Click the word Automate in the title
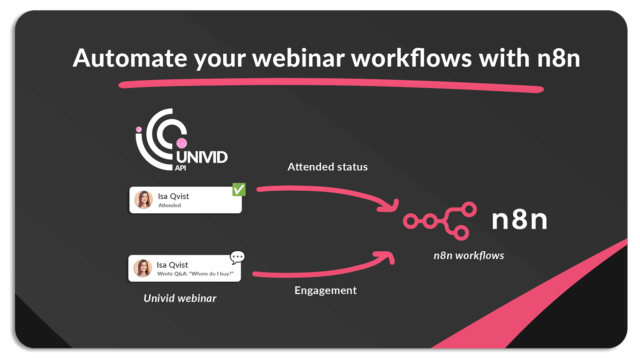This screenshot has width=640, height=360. tap(130, 58)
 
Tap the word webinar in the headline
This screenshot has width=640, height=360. tap(298, 58)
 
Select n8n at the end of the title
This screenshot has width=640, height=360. tap(559, 58)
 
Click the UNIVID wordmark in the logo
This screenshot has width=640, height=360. tap(202, 157)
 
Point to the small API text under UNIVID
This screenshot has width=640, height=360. tap(180, 168)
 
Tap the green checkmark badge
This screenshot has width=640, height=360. tap(239, 189)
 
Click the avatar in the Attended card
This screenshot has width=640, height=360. tap(144, 200)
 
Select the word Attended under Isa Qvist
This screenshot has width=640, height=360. tap(169, 206)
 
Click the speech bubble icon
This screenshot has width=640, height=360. tap(237, 257)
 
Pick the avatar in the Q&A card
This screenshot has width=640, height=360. tap(143, 268)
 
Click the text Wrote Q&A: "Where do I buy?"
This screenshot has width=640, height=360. tap(195, 274)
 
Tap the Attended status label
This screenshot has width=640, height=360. tap(327, 167)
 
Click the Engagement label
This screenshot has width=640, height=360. tap(326, 290)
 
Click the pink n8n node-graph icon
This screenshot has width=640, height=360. tap(440, 221)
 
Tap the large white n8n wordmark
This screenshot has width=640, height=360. tap(519, 220)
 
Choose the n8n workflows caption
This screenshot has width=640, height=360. tap(468, 255)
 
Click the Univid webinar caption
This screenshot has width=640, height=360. tap(180, 298)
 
